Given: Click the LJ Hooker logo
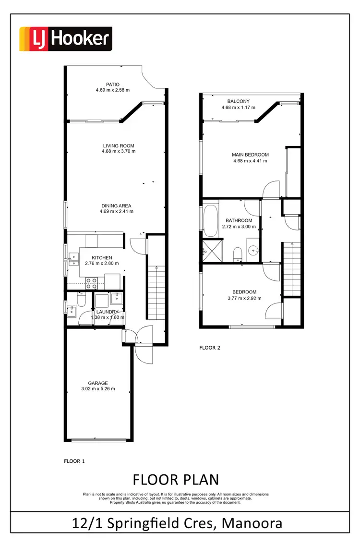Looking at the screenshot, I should tap(65, 39).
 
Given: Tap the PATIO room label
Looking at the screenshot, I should tap(113, 84).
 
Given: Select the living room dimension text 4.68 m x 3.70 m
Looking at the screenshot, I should tap(119, 151).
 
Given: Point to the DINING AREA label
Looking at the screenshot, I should tap(117, 206).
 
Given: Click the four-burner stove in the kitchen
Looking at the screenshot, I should tap(91, 282).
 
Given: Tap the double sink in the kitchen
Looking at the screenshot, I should tap(72, 259).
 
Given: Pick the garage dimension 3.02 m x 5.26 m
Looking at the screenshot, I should tap(98, 389).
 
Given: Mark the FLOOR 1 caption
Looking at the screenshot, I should tap(74, 461).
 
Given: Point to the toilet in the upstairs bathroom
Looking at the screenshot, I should tap(237, 254).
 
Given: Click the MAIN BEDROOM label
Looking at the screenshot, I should tap(250, 155).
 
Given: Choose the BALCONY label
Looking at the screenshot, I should tap(239, 101).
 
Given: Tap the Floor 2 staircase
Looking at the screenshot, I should tap(291, 269).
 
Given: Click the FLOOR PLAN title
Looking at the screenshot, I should tap(175, 479).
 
